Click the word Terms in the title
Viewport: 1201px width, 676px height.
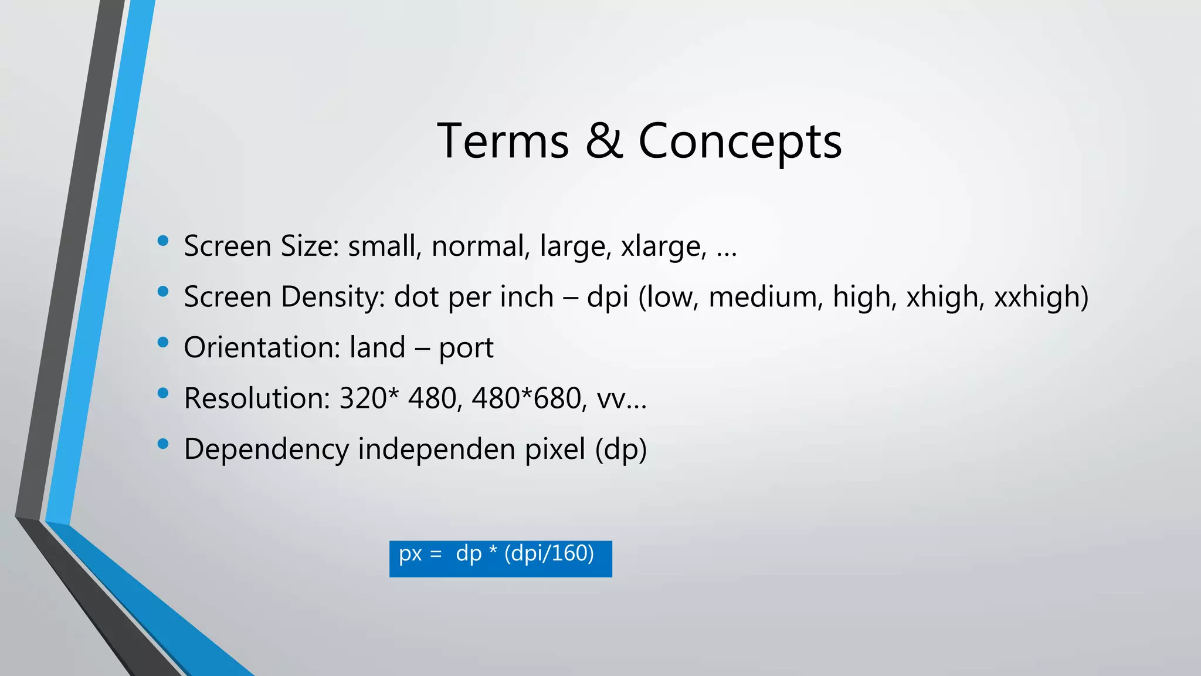[503, 141]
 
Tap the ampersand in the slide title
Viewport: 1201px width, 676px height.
[603, 141]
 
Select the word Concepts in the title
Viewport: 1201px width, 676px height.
[739, 142]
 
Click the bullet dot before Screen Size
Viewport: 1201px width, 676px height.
[163, 241]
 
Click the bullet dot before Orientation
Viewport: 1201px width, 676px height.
[163, 342]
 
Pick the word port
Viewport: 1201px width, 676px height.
[466, 348]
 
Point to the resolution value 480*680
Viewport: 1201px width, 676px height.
[526, 398]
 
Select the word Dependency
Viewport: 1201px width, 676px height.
[266, 449]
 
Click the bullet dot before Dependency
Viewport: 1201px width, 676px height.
[163, 444]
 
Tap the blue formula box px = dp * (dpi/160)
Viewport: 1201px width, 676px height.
[500, 559]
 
